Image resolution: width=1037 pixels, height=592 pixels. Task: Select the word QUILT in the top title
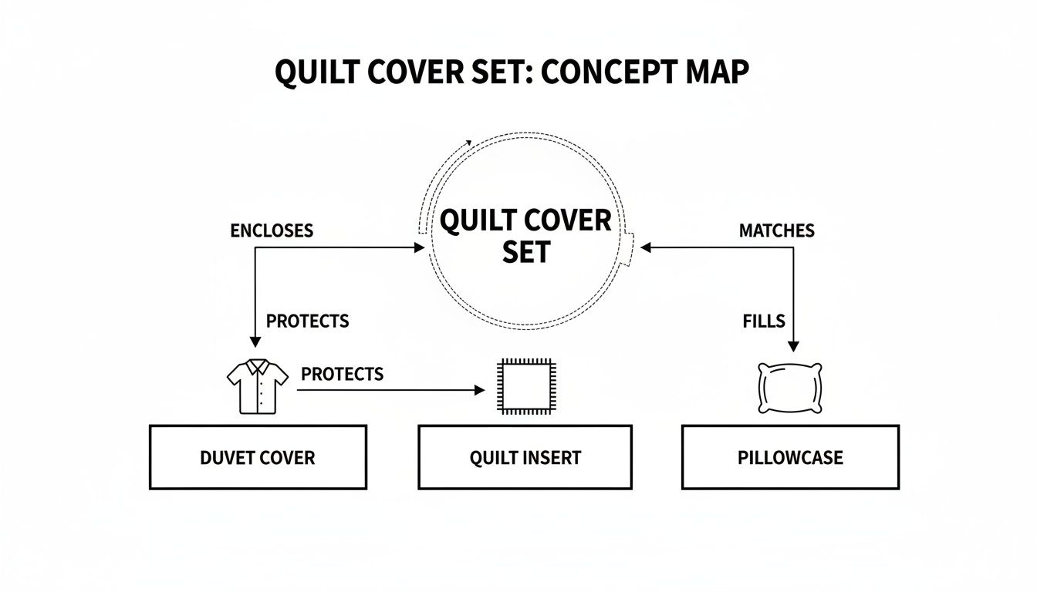pos(317,72)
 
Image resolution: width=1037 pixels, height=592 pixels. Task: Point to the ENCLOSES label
pos(272,230)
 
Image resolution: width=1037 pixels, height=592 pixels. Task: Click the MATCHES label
pos(776,230)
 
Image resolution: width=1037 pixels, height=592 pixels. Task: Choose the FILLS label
pos(764,321)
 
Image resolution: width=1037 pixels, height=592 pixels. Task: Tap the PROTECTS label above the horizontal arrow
pos(342,374)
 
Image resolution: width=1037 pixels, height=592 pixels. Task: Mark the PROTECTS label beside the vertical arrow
pos(307,321)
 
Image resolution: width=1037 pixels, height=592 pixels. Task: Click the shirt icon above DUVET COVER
pos(257,385)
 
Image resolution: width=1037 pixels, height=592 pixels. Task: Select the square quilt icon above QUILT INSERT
pos(525,387)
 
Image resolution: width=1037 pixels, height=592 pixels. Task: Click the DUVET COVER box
pos(258,457)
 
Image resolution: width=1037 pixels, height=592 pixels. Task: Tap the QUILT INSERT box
pos(525,457)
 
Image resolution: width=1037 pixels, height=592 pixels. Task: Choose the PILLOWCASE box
pos(790,457)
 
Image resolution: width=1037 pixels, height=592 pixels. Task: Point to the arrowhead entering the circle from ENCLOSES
pos(420,247)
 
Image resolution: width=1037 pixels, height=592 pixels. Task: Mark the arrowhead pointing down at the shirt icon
pos(254,342)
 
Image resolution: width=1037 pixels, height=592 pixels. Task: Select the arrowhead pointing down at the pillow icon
pos(792,347)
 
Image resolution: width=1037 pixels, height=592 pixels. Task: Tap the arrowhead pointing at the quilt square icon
pos(479,391)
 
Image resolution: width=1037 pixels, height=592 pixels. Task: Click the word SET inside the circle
pos(525,252)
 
